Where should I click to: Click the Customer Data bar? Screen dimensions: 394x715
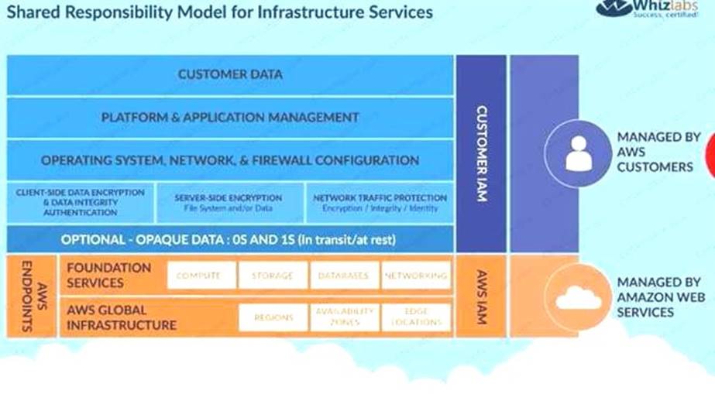(230, 75)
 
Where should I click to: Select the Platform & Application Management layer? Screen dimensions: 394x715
(230, 118)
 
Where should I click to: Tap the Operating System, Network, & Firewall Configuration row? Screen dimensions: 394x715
(230, 160)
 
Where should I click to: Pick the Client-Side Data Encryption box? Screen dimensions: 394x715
(80, 202)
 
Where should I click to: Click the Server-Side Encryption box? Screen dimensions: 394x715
(230, 202)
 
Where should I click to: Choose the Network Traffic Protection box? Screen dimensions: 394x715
(380, 202)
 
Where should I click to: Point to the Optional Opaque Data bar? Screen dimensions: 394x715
(230, 240)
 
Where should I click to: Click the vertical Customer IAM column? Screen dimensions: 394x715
(481, 153)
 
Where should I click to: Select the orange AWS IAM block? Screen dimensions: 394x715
(481, 296)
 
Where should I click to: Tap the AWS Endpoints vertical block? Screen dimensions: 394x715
(31, 296)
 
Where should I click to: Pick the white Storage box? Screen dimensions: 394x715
(273, 276)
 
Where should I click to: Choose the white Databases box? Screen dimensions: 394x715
(345, 276)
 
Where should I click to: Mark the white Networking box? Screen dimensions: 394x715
(416, 276)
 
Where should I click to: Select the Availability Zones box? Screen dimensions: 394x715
(345, 317)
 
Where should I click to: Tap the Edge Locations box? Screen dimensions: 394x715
(416, 317)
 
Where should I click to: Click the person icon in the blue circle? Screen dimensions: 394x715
(577, 152)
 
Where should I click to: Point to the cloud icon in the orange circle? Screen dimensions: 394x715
(578, 298)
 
